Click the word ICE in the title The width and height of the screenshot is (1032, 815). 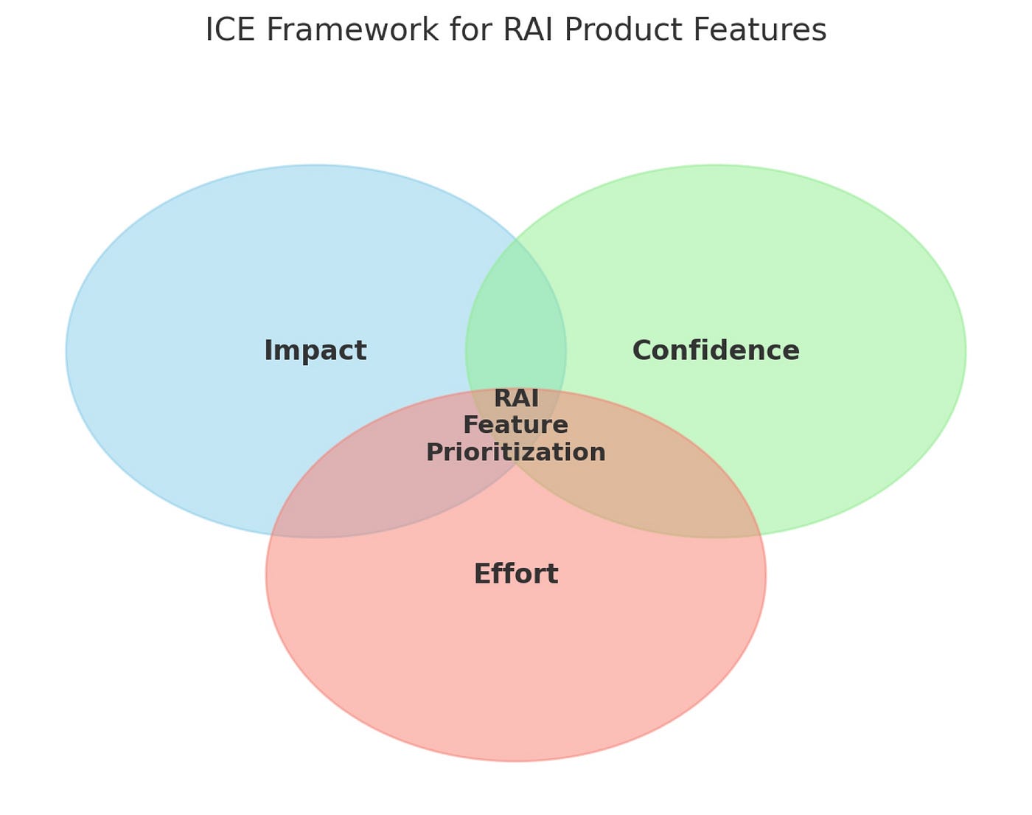(228, 30)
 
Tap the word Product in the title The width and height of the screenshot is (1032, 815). (627, 30)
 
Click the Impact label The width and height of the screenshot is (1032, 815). (315, 350)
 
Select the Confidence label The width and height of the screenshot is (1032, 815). (715, 350)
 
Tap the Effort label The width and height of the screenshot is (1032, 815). (515, 574)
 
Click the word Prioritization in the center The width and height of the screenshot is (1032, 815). (515, 452)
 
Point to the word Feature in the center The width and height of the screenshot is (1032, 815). (515, 425)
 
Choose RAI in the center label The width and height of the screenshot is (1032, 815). (515, 398)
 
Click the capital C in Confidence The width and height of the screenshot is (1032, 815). (641, 350)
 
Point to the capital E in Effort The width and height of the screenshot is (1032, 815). (481, 574)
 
